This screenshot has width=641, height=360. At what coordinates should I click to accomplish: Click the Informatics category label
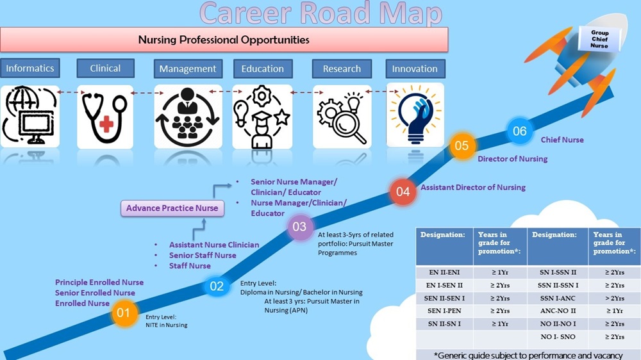pyautogui.click(x=30, y=69)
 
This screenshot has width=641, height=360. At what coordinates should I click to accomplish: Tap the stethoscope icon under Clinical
pyautogui.click(x=105, y=117)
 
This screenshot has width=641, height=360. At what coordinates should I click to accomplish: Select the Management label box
pyautogui.click(x=188, y=69)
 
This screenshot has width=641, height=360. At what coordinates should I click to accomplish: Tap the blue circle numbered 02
pyautogui.click(x=217, y=286)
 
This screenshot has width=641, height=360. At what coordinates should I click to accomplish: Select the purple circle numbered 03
pyautogui.click(x=299, y=226)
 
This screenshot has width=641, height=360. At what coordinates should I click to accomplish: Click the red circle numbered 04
pyautogui.click(x=403, y=191)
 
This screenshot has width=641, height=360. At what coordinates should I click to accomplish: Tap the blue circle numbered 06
pyautogui.click(x=519, y=131)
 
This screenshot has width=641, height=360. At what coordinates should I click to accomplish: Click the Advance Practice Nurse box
pyautogui.click(x=172, y=208)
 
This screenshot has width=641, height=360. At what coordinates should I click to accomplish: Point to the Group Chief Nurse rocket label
pyautogui.click(x=599, y=39)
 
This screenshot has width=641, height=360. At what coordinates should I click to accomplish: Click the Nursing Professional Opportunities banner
pyautogui.click(x=224, y=40)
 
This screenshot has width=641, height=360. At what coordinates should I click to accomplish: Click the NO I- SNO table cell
pyautogui.click(x=557, y=337)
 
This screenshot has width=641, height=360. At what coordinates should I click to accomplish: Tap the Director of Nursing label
pyautogui.click(x=512, y=159)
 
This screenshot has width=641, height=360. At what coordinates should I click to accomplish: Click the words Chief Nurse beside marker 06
pyautogui.click(x=562, y=140)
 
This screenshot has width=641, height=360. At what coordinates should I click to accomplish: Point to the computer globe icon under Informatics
pyautogui.click(x=30, y=117)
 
